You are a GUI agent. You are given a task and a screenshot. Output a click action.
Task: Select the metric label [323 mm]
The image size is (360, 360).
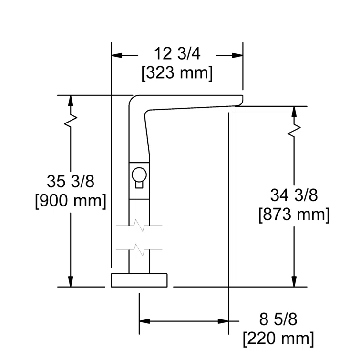point(177,73)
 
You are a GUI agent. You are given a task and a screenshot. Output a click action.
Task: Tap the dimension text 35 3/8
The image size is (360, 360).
point(70,182)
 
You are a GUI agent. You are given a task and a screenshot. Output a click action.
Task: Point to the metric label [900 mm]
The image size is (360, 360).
point(70,200)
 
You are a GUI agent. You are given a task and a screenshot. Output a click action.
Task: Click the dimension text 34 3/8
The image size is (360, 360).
point(294,195)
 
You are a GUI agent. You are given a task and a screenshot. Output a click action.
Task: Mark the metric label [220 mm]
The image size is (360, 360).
point(278,339)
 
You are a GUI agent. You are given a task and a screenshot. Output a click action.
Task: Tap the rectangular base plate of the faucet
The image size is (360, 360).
point(139,280)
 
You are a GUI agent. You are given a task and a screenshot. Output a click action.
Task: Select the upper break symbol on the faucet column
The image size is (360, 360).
point(139,224)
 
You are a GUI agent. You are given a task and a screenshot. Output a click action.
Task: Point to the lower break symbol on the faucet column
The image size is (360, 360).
point(139,248)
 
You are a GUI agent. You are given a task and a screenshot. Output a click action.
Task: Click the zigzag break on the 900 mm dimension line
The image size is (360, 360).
point(71,121)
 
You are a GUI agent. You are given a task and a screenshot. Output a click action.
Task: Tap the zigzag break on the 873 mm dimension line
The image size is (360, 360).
point(294,130)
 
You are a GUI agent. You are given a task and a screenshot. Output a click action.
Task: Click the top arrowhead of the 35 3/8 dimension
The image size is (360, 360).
point(71,101)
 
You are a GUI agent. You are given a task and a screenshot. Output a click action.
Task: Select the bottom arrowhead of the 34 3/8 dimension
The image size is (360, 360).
point(294,281)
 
